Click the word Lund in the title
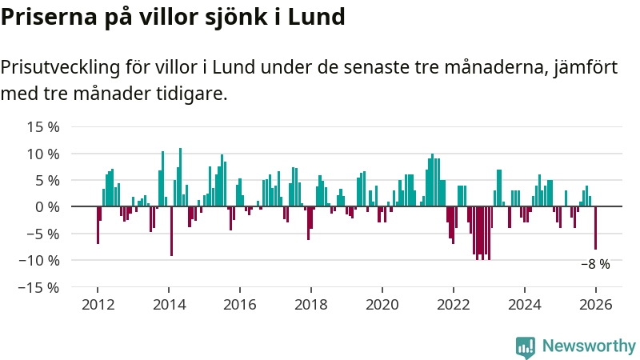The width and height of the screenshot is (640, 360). point(316,17)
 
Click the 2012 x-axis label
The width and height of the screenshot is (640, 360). point(98,305)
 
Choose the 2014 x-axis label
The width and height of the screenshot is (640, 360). point(169,305)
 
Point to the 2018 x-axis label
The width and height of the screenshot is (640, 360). point(311,305)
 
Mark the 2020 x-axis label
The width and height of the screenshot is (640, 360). point(382,305)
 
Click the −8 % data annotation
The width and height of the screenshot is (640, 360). point(595,264)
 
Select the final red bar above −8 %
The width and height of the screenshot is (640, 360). point(595,228)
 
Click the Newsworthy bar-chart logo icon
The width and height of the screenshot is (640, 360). point(526,346)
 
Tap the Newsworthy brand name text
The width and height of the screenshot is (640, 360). point(589,346)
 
